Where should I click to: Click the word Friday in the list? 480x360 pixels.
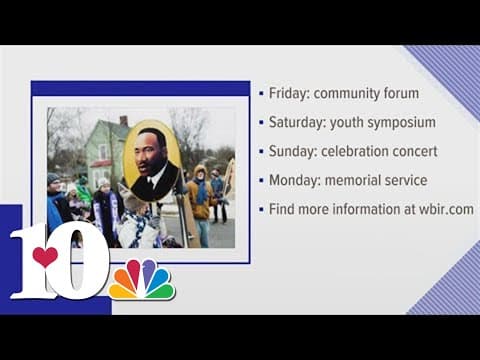coord(289,93)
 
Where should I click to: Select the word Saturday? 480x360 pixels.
coord(295,122)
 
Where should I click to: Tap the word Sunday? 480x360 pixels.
coord(292,151)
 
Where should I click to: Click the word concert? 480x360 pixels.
coord(405,151)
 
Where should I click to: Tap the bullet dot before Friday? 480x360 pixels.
coord(260,93)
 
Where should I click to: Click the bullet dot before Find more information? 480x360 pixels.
coord(260,209)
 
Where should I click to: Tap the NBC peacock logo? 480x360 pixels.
coord(141,279)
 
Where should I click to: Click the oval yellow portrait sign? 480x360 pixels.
coord(152,160)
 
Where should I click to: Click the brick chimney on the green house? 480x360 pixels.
coord(123,121)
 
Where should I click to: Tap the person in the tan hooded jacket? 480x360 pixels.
coord(199,196)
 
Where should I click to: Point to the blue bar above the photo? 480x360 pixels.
coord(140,88)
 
